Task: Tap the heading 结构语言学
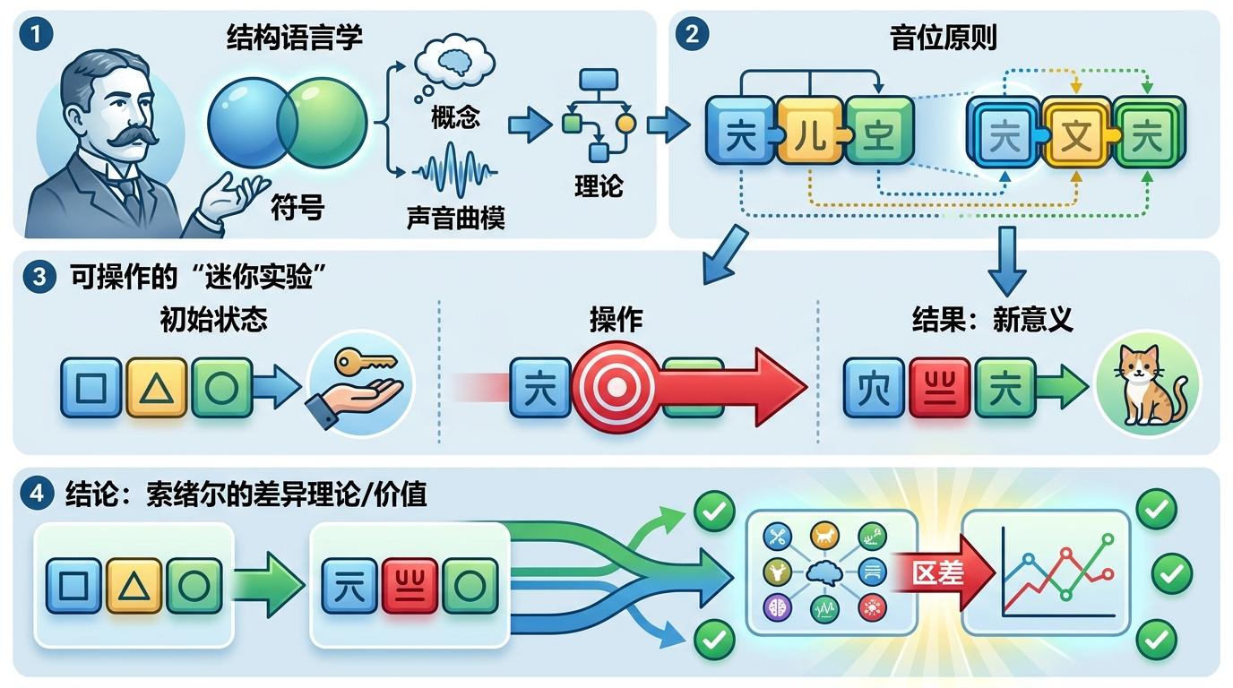tap(294, 39)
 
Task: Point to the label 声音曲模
tap(455, 218)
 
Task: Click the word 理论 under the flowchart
tap(599, 185)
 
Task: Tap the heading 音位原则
tap(943, 38)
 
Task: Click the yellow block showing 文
tap(1074, 134)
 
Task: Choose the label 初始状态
tap(213, 320)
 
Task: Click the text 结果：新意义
tap(992, 320)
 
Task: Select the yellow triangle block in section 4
tap(134, 585)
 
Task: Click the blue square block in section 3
tap(91, 388)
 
